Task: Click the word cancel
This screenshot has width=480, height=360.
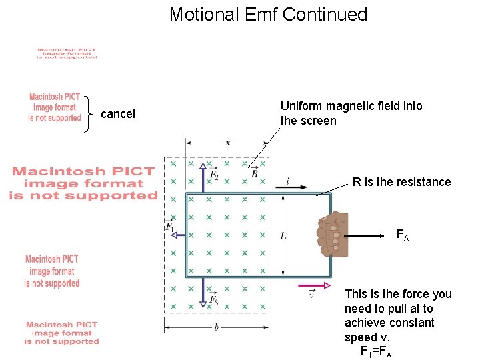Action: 118,114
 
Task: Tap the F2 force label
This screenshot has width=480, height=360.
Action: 214,175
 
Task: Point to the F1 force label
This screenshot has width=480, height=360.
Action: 169,228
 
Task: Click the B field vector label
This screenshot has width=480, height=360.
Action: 255,173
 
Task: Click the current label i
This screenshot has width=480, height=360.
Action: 287,181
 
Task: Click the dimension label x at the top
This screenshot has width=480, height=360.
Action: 228,142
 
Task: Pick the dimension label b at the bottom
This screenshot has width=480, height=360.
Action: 216,327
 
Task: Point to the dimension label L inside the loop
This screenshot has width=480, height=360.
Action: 283,235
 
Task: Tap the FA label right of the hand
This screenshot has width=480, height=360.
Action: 403,235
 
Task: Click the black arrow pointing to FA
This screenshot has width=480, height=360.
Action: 370,235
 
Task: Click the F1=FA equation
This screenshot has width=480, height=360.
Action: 376,352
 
